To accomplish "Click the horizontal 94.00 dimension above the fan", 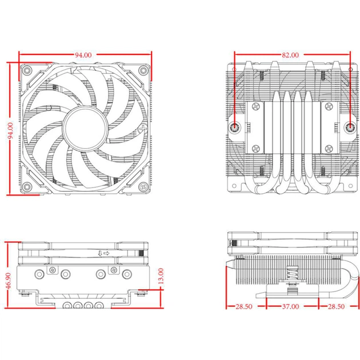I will pos(83,55).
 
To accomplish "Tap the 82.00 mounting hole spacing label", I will pos(290,55).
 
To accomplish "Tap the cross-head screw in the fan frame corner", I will pos(143,186).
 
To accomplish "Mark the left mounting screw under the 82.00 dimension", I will pos(235,128).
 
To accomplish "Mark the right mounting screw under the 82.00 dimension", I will pos(350,128).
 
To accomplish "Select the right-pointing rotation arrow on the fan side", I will pos(107,252).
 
